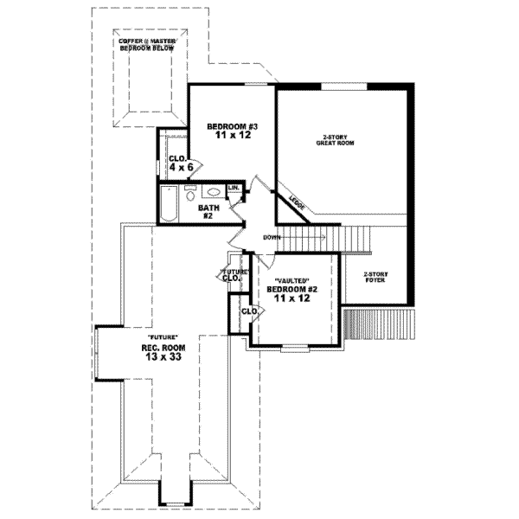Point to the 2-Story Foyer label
(376, 277)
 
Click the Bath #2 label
(207, 211)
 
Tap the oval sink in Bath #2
(213, 192)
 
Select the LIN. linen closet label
(234, 189)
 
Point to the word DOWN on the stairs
(272, 236)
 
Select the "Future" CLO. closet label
(230, 275)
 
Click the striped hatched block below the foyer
(361, 324)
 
